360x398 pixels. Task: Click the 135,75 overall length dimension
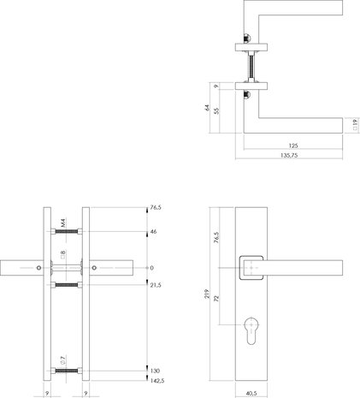pos(289,156)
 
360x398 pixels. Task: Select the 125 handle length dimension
pos(293,146)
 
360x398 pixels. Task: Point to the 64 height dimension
pos(207,108)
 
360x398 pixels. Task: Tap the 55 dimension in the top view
pos(217,110)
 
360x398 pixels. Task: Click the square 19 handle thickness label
pos(355,125)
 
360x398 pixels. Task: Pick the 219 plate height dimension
pos(207,294)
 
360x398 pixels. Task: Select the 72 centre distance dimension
pos(217,299)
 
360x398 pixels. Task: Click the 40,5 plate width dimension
pos(251,394)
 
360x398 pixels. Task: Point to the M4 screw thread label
pos(63,223)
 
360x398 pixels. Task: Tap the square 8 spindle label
pos(63,254)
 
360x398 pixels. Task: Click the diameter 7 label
pos(63,360)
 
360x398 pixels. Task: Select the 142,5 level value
pos(157,381)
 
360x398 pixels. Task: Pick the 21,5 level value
pos(156,285)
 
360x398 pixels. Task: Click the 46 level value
pos(153,232)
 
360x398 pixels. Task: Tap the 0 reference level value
pos(151,268)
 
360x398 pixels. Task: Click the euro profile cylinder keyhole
pos(251,330)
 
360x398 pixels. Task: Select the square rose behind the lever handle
pos(251,268)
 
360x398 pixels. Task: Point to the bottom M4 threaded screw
pos(67,371)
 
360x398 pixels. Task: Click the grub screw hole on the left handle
pos(38,268)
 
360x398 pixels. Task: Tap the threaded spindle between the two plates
pos(251,68)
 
